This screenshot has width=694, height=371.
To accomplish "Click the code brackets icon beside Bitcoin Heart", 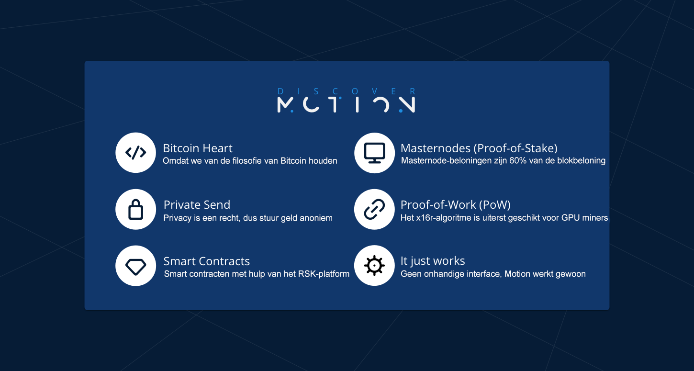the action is [136, 153].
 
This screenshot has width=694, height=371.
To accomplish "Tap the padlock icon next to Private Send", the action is [136, 210].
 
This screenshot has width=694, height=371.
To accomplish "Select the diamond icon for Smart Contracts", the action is [136, 266].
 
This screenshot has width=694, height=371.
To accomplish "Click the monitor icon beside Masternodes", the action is [375, 153].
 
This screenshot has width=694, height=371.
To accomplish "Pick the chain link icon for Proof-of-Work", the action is [375, 210].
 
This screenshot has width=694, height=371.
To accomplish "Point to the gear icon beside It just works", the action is [375, 266].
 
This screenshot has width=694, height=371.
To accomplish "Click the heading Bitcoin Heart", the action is [198, 148].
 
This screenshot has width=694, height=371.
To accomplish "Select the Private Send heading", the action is [197, 205].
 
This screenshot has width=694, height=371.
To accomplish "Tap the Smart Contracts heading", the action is [207, 261].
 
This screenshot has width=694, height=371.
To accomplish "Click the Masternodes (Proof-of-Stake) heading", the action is [479, 148].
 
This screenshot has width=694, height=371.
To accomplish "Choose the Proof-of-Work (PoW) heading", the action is [456, 205].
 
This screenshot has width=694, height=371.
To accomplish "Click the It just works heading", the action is [433, 261].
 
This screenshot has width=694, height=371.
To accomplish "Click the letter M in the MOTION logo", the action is [284, 105].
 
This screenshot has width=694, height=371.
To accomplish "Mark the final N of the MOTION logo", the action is [407, 105].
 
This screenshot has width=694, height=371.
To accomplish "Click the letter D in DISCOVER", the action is [280, 91].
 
